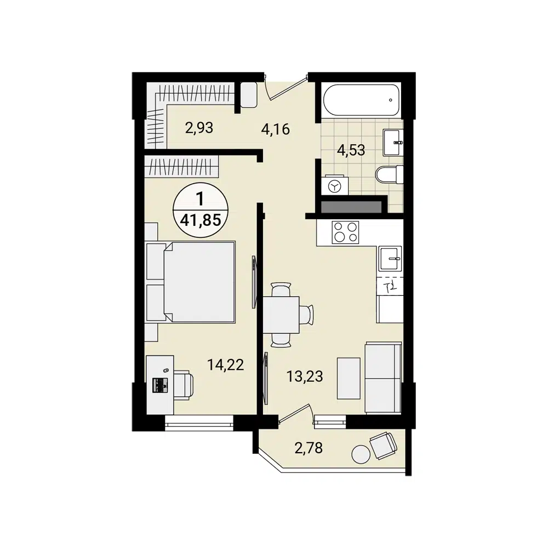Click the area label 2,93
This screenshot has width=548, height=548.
point(199,128)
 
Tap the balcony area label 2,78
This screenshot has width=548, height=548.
point(309,448)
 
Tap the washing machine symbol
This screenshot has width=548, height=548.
point(334,185)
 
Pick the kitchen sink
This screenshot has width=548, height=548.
point(390,258)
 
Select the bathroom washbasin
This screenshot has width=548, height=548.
point(393,142)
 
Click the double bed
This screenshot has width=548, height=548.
point(192,282)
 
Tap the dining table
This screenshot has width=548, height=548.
point(281,315)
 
